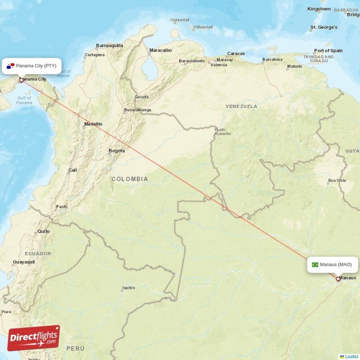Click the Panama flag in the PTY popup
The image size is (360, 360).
pyautogui.click(x=11, y=66)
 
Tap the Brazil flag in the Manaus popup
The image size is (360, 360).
pyautogui.click(x=315, y=265)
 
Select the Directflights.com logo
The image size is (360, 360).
pyautogui.click(x=34, y=338)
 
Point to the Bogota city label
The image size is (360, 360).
pyautogui.click(x=117, y=151)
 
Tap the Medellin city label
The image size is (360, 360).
pyautogui.click(x=93, y=124)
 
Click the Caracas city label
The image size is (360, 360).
pyautogui.click(x=236, y=54)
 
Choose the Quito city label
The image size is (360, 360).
pyautogui.click(x=44, y=231)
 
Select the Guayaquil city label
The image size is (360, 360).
pyautogui.click(x=24, y=262)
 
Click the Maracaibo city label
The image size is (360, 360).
pyautogui.click(x=161, y=50)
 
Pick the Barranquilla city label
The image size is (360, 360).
pyautogui.click(x=109, y=45)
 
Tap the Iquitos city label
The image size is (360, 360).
pyautogui.click(x=128, y=288)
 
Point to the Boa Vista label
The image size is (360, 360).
pyautogui.click(x=337, y=180)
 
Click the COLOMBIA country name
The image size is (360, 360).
pyautogui.click(x=130, y=179)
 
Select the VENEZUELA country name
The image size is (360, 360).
pyautogui.click(x=242, y=107)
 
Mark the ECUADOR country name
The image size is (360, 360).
pyautogui.click(x=38, y=253)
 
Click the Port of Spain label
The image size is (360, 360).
pyautogui.click(x=328, y=51)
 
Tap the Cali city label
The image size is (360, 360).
pyautogui.click(x=72, y=170)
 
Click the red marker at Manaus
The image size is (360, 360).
pyautogui.click(x=338, y=279)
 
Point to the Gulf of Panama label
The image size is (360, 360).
pyautogui.click(x=24, y=100)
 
